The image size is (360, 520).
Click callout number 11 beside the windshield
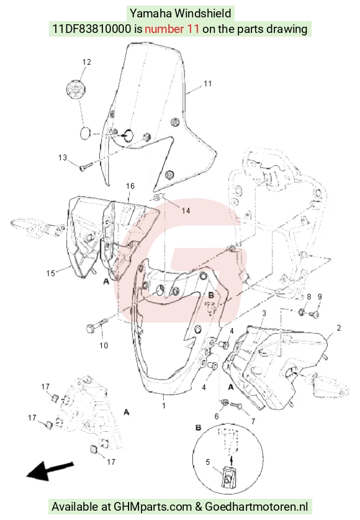(x=208, y=83)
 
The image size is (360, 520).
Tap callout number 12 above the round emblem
(x=86, y=62)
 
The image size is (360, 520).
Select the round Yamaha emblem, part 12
(x=76, y=89)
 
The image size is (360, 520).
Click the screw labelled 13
(x=86, y=166)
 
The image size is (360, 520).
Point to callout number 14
(x=186, y=211)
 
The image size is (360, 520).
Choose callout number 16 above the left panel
(x=130, y=186)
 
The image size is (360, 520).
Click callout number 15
(x=51, y=273)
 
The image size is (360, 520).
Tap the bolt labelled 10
(x=97, y=325)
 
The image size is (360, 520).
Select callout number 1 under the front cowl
(x=164, y=405)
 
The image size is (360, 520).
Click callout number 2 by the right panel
(x=338, y=328)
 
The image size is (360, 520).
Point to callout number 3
(x=264, y=313)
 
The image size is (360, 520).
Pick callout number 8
(x=308, y=296)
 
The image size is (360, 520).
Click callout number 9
(x=320, y=296)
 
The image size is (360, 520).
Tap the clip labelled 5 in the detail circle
(x=228, y=478)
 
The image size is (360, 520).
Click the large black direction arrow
(x=50, y=470)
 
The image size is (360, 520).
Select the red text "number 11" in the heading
(x=172, y=29)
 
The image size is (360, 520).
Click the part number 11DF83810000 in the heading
(x=92, y=29)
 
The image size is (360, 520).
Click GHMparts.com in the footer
(x=153, y=507)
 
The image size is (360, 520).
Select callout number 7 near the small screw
(x=253, y=421)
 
